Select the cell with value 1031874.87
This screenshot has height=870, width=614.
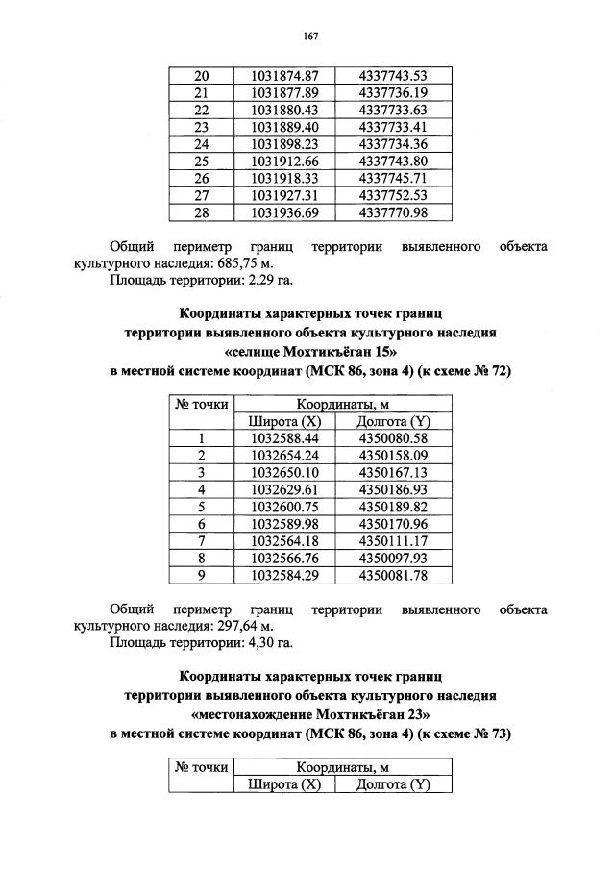coord(284,75)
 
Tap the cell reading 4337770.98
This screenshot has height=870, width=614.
coord(391,212)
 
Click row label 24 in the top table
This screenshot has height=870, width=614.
coord(201,144)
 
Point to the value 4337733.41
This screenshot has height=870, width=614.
coord(391,127)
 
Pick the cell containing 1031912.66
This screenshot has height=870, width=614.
coord(284,161)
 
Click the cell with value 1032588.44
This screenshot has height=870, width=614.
coord(284,438)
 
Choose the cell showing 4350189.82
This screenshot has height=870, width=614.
coord(391,507)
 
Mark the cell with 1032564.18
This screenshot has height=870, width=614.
coord(284,541)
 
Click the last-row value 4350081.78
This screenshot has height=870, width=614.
coord(391,576)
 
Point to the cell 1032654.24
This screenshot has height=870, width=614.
coord(284,456)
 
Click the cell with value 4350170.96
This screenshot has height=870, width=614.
coord(391,524)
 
